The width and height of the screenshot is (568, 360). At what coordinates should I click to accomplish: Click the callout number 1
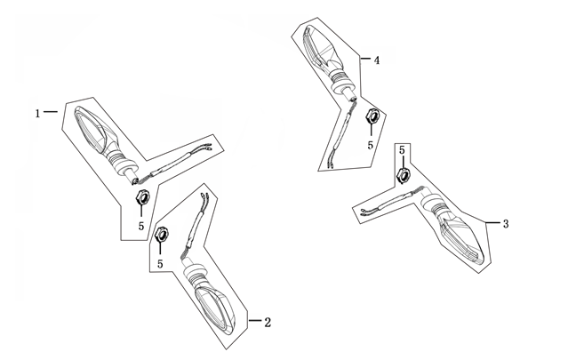point(37,114)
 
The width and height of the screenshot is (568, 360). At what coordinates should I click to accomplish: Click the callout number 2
point(268,322)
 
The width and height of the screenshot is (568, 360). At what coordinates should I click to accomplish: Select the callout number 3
point(506,224)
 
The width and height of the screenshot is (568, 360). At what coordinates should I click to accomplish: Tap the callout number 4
point(377,60)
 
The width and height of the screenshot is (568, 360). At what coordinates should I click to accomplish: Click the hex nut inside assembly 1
point(142,197)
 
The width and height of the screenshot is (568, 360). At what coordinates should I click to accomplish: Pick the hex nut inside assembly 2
point(162,235)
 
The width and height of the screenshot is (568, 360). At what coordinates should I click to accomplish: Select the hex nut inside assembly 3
point(404,175)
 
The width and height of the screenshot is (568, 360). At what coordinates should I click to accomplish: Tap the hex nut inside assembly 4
point(372,116)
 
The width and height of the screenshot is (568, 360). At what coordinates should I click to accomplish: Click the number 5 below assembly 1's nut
point(141,226)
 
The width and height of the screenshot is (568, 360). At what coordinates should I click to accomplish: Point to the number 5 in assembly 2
point(160,264)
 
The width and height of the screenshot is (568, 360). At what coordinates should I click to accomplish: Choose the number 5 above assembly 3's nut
point(402,149)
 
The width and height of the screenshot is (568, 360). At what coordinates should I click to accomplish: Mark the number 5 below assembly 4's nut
point(370,145)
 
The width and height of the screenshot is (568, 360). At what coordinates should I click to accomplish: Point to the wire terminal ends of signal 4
point(331,164)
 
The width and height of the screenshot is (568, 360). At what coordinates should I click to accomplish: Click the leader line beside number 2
point(255,321)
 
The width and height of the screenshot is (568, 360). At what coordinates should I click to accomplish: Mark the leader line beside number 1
point(51,112)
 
